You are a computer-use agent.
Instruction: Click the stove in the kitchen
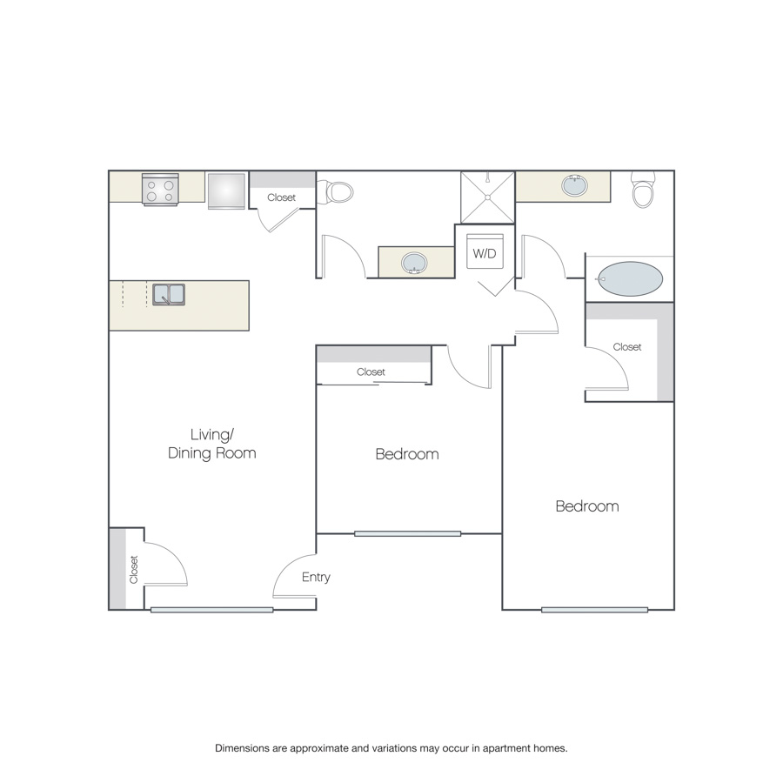click(x=160, y=190)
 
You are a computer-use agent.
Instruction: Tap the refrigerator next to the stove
click(x=226, y=191)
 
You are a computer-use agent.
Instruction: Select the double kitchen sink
click(x=169, y=295)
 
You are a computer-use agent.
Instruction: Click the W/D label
click(x=485, y=254)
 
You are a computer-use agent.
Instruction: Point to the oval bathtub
click(x=630, y=278)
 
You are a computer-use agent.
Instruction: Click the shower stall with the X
click(x=487, y=197)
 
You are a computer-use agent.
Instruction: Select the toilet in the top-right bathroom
click(x=643, y=190)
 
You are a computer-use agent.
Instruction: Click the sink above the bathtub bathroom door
click(x=575, y=186)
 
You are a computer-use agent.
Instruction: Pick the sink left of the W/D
click(x=414, y=263)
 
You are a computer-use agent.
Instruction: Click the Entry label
click(x=316, y=578)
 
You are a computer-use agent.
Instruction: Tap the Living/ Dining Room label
click(x=211, y=444)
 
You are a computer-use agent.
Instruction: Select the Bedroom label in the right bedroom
click(x=587, y=506)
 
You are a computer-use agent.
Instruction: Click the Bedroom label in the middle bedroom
click(x=407, y=454)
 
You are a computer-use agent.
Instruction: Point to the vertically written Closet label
click(x=133, y=569)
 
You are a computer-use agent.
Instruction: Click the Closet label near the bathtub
click(x=627, y=347)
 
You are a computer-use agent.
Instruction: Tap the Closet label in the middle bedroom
click(x=371, y=372)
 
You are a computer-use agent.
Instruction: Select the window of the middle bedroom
click(x=407, y=534)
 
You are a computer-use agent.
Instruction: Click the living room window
click(x=211, y=610)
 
